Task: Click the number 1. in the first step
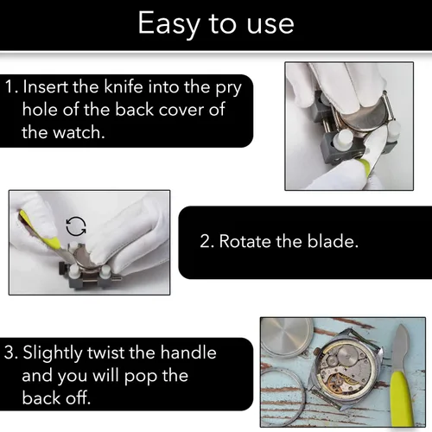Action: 12,86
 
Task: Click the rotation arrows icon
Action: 76,226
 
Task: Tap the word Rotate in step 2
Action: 245,241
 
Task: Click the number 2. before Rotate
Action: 206,241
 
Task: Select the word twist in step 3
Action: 106,353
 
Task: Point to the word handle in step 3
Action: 188,352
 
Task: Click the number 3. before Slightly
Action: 11,353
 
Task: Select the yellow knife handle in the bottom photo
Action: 402,397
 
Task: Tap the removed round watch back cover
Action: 287,337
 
